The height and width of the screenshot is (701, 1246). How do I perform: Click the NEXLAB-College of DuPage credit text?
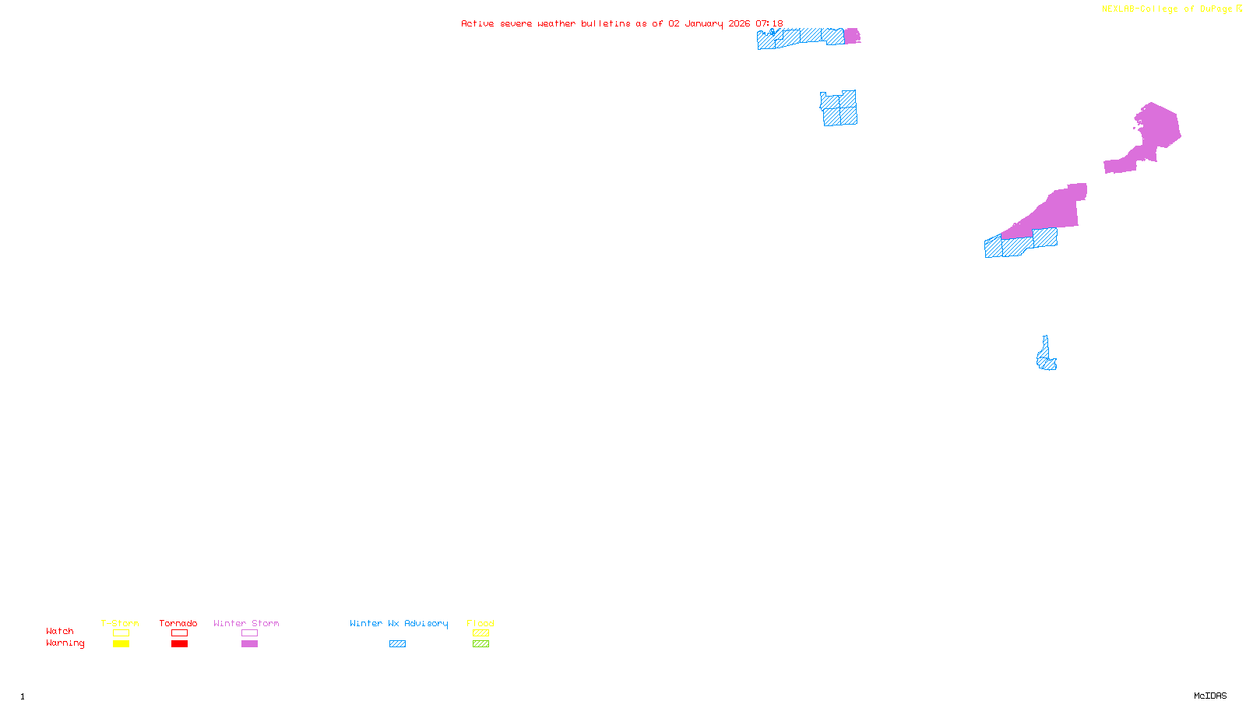click(x=1167, y=9)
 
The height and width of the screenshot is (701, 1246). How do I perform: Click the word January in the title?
click(x=703, y=24)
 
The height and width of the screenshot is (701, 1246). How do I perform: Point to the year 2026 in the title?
click(x=739, y=24)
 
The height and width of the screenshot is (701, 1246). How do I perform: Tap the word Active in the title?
click(x=477, y=24)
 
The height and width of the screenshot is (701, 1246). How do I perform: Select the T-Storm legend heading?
click(x=120, y=623)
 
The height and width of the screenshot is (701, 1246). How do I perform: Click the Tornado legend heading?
click(x=178, y=623)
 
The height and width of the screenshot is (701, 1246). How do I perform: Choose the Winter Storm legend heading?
click(x=246, y=623)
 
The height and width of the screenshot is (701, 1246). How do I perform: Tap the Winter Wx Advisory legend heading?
click(x=399, y=623)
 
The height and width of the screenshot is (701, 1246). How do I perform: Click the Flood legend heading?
click(x=480, y=623)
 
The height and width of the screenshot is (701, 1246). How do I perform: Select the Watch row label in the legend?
click(x=60, y=632)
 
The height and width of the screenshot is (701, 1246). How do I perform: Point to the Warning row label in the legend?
click(x=65, y=643)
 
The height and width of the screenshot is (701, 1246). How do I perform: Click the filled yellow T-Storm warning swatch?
click(x=121, y=644)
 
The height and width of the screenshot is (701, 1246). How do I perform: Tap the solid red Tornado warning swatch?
click(x=179, y=644)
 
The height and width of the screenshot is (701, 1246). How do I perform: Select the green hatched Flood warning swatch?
click(x=480, y=644)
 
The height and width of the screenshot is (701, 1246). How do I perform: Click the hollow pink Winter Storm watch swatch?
click(x=249, y=633)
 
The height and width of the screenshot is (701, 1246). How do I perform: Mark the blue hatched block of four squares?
click(x=839, y=108)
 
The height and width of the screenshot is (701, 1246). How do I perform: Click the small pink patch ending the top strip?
click(x=852, y=36)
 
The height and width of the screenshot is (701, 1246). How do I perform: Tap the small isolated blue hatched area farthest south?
click(x=1046, y=357)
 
